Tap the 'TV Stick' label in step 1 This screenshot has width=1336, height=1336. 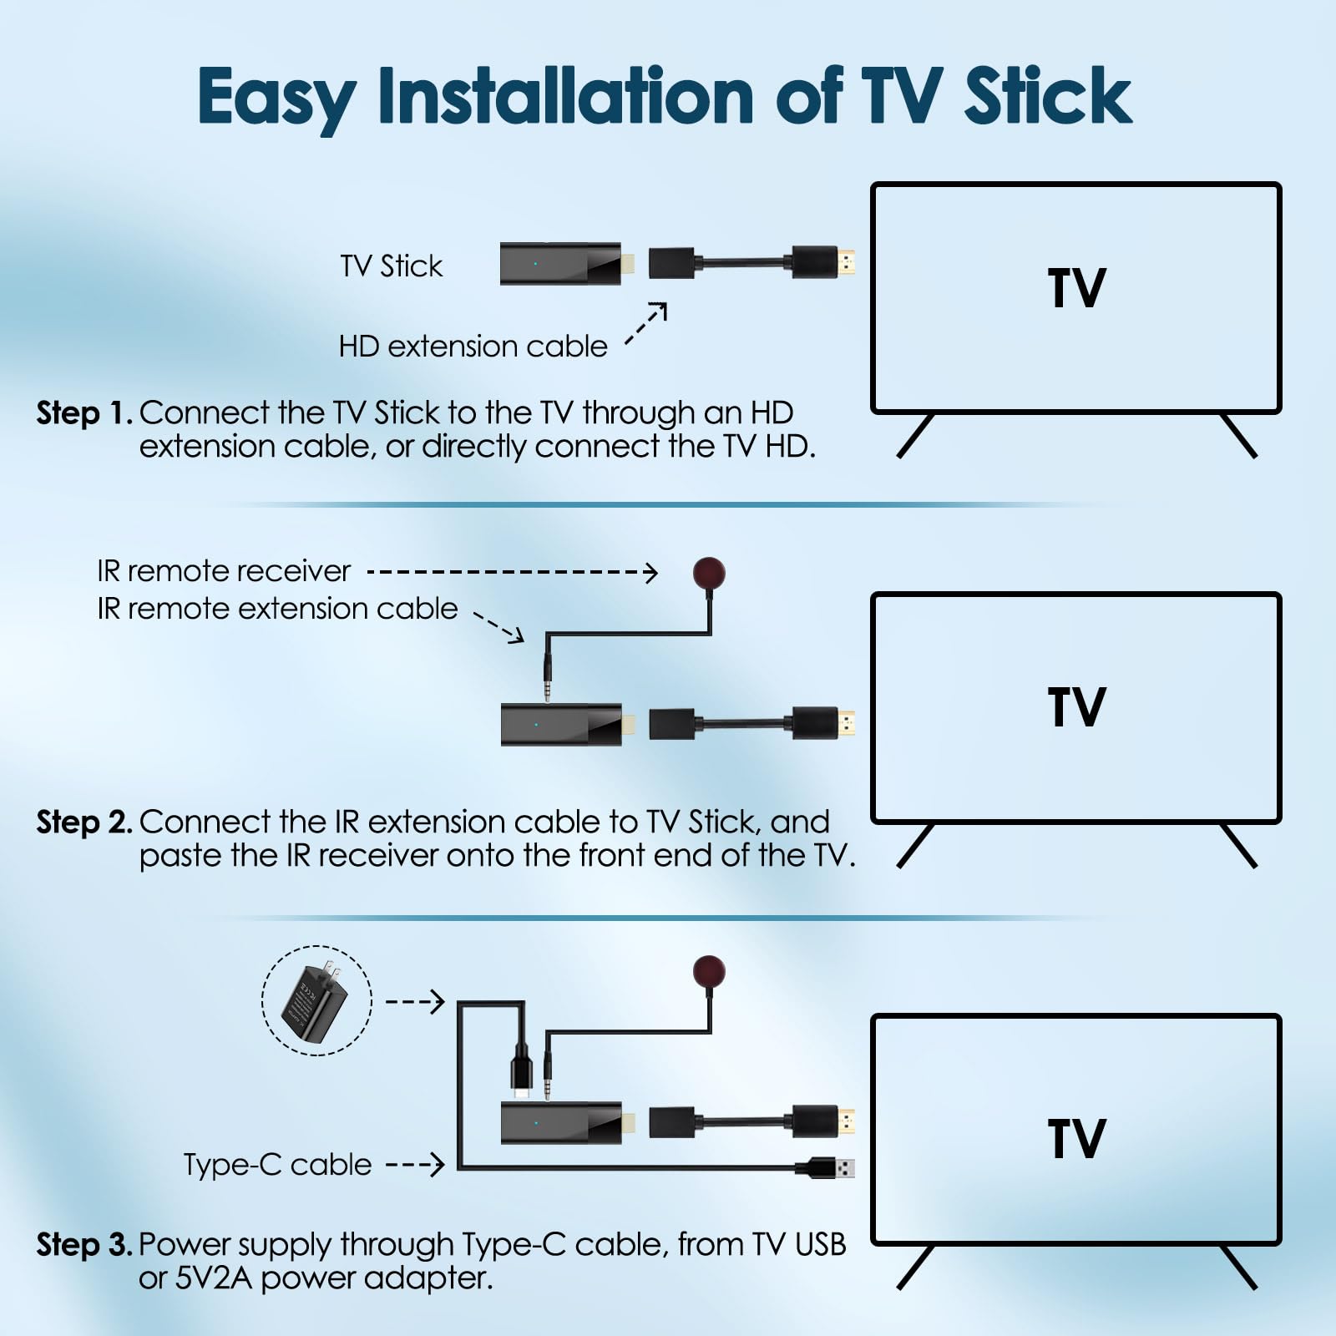click(x=391, y=266)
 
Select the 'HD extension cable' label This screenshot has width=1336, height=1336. click(x=473, y=347)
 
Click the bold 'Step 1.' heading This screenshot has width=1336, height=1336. click(x=84, y=413)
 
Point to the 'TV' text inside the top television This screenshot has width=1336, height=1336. click(x=1076, y=289)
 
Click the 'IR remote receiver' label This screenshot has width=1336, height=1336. click(x=224, y=571)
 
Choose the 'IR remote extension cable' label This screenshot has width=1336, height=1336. click(x=277, y=609)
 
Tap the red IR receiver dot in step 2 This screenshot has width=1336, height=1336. click(x=709, y=573)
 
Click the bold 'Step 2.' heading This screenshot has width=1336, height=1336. click(x=84, y=822)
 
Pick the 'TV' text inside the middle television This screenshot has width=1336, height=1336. click(x=1076, y=707)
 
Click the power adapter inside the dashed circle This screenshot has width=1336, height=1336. click(x=315, y=1000)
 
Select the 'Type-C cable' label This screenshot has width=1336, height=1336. click(x=277, y=1165)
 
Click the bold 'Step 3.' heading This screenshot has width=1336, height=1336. click(x=84, y=1245)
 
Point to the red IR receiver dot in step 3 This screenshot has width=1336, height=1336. click(x=709, y=971)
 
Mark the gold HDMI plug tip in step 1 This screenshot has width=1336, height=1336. click(x=847, y=263)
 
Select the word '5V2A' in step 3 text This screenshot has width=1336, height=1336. click(x=213, y=1278)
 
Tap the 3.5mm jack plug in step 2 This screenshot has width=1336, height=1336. click(x=548, y=673)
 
